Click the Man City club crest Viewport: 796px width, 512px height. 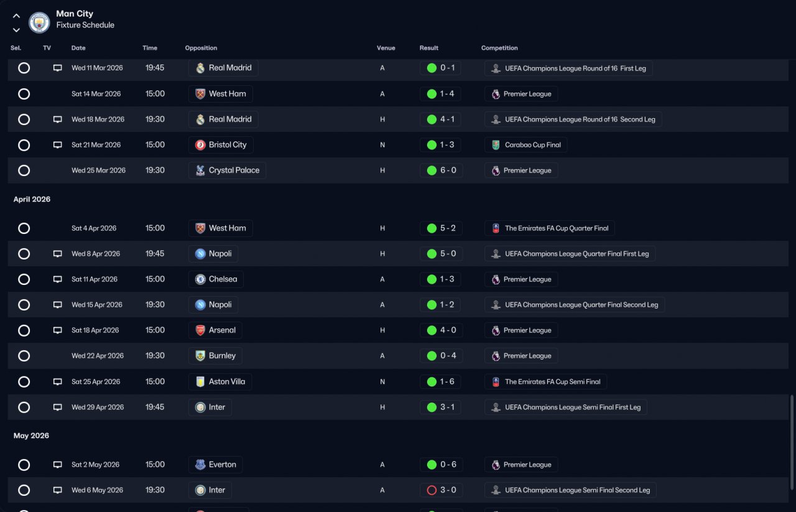pos(39,22)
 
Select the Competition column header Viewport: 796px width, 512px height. pos(499,48)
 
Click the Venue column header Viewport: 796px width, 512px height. pos(386,48)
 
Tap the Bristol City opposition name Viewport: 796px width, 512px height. pos(228,145)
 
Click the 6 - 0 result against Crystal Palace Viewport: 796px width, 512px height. pos(448,170)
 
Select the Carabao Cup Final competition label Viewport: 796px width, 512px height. pos(533,145)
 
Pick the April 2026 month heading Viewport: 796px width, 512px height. pos(32,199)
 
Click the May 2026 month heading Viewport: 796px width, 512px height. pos(31,435)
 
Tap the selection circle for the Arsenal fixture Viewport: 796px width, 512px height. pos(24,330)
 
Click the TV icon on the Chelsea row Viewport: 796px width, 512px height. pos(58,279)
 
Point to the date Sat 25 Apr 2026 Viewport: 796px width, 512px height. pos(96,381)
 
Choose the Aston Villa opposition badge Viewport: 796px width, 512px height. pos(200,381)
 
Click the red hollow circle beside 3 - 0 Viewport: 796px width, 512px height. pos(432,490)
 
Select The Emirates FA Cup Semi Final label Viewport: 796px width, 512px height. pos(553,381)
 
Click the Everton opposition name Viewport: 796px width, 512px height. pos(223,464)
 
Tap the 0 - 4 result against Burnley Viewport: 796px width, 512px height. pos(448,356)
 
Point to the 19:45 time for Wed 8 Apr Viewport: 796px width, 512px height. pos(155,253)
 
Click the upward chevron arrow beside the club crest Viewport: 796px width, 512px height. pos(16,16)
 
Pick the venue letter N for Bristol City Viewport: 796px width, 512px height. pos(382,145)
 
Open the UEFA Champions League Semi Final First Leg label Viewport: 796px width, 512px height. pos(573,407)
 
